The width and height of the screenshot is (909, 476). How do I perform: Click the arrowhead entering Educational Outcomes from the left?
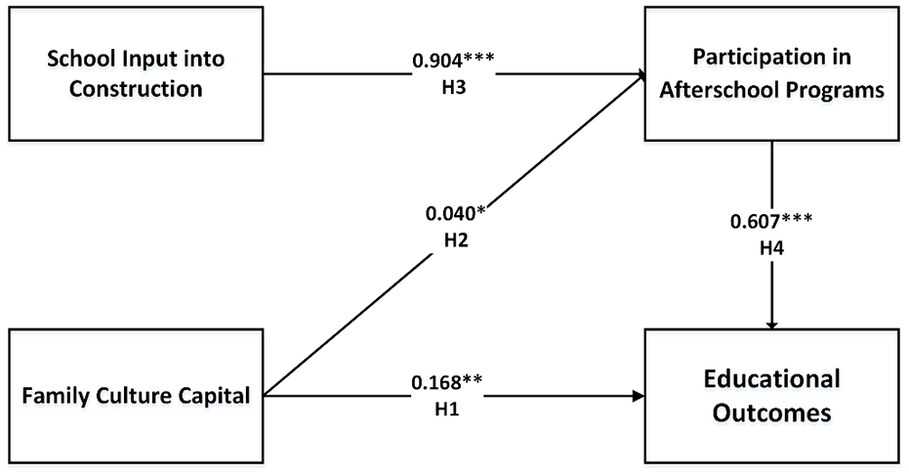pos(639,396)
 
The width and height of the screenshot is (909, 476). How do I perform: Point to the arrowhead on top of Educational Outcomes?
pos(774,324)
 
